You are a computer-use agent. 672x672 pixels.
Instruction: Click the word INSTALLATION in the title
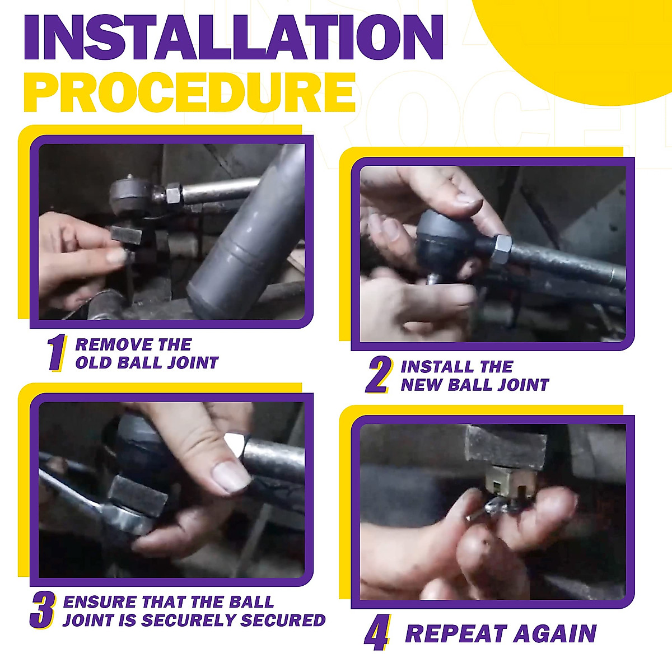pos(234,38)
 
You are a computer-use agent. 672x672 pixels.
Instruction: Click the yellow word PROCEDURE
pos(189,92)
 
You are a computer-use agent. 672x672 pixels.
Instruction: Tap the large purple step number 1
pos(57,353)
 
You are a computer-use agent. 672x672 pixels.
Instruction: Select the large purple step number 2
pos(378,375)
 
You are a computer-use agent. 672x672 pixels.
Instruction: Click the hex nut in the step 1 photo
pos(173,193)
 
